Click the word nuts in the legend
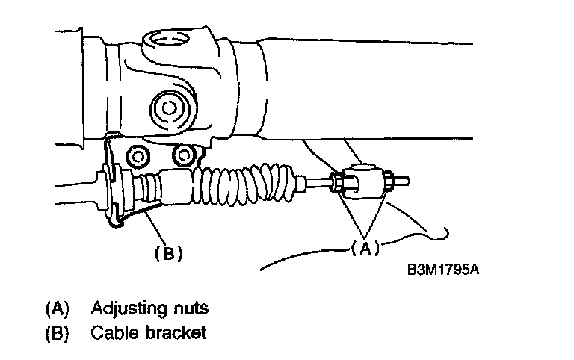click(190, 308)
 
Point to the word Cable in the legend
click(111, 333)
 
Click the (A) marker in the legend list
click(57, 308)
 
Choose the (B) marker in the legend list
click(57, 333)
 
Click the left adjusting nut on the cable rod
click(338, 181)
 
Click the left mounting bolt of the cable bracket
click(138, 156)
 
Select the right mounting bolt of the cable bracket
click(182, 154)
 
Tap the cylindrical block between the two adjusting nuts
click(365, 179)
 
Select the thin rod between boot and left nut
click(317, 181)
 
